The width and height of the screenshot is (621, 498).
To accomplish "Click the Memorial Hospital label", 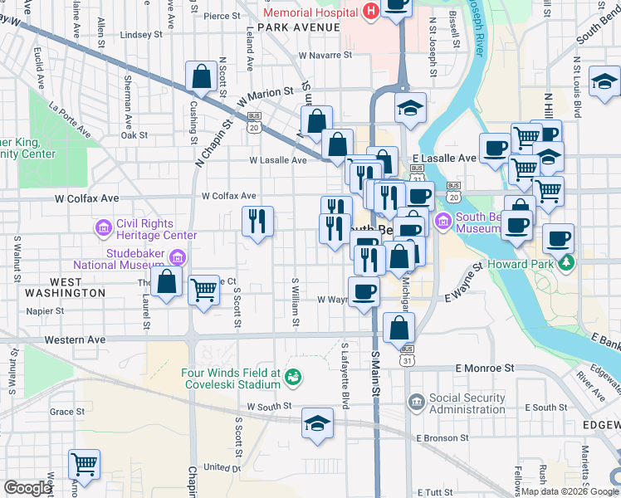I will click(x=310, y=12).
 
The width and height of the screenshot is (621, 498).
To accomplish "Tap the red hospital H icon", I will click(x=370, y=11).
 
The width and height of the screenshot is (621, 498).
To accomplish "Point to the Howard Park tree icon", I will click(x=567, y=263).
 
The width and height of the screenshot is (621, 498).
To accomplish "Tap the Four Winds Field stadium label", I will click(x=232, y=378).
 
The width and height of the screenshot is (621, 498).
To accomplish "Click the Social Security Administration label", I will click(x=467, y=403).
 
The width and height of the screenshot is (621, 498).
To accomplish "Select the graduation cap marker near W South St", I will click(x=317, y=423).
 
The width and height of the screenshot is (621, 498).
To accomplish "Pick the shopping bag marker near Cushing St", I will click(x=202, y=77).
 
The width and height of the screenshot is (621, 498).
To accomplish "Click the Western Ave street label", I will click(x=75, y=340).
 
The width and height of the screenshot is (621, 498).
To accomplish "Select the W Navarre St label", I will click(x=325, y=55).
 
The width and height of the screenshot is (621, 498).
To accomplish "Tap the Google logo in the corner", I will click(x=27, y=488).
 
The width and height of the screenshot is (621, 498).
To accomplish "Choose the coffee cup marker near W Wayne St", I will click(x=363, y=292).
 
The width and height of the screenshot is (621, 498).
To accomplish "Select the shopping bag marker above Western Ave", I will click(x=399, y=328).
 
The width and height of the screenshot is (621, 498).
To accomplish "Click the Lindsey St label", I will click(x=141, y=35).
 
